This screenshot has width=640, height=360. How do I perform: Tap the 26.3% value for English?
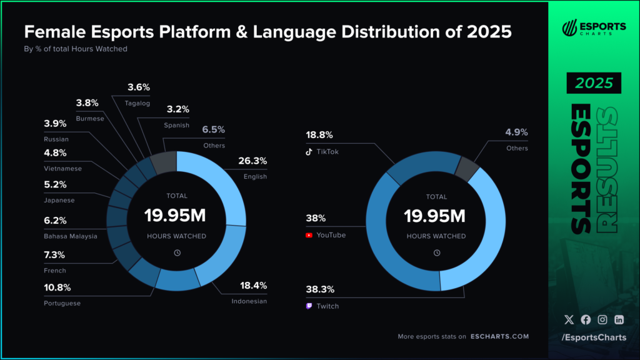point(252,161)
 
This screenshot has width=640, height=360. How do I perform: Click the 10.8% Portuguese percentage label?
point(58,288)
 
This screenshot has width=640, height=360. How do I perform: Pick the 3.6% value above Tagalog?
point(139,87)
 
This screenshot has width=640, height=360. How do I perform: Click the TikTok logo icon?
point(309,151)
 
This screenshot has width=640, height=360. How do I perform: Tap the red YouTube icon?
point(309,236)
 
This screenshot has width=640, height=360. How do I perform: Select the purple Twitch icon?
point(309,306)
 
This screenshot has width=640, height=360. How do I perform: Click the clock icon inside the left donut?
point(177,252)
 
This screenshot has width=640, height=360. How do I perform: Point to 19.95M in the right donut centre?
point(436,216)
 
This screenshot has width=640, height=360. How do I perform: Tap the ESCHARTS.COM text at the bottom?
point(500,336)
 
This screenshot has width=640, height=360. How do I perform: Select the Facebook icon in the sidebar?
point(586,319)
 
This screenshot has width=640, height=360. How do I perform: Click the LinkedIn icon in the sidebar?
point(619,319)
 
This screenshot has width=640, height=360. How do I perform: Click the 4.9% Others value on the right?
point(516,132)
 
